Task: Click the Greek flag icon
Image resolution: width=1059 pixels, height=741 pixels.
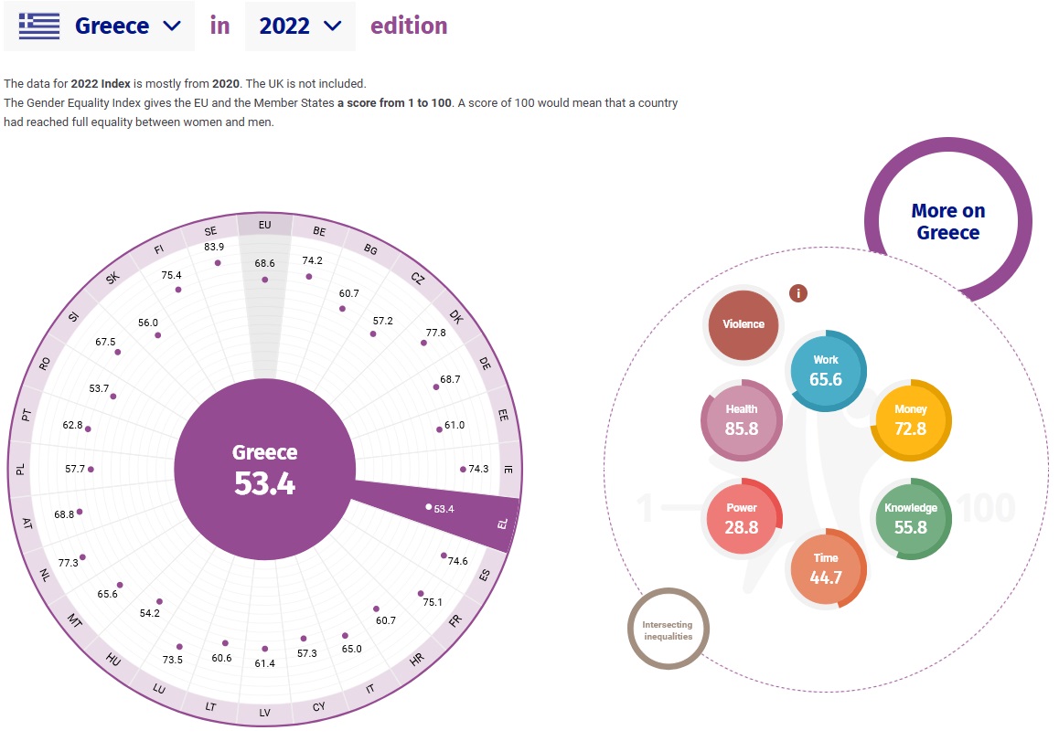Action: [x=38, y=26]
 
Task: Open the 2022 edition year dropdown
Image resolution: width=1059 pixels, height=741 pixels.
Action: [x=300, y=26]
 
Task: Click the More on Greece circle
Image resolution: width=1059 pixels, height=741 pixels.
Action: [x=947, y=221]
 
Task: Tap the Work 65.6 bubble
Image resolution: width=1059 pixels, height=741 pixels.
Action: [x=826, y=370]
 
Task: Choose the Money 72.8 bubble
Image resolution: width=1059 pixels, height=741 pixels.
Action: [x=911, y=420]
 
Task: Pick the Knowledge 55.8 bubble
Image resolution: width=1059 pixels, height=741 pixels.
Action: [x=911, y=518]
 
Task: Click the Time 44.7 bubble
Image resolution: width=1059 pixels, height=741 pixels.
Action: [x=826, y=568]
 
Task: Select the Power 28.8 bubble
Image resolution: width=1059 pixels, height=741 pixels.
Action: [x=742, y=518]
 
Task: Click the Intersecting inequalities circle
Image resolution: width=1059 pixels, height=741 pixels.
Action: [x=668, y=630]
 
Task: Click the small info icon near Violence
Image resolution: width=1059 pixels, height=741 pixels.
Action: [x=799, y=293]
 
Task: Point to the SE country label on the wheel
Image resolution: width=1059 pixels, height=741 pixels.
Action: [x=211, y=232]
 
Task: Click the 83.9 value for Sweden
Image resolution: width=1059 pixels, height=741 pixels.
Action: [x=215, y=247]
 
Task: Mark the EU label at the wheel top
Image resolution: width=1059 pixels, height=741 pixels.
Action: [x=265, y=224]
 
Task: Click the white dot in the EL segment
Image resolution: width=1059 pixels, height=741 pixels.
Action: [x=428, y=506]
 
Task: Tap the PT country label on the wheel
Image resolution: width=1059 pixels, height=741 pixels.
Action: [x=27, y=415]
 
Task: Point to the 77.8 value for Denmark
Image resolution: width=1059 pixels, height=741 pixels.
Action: [x=435, y=332]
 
